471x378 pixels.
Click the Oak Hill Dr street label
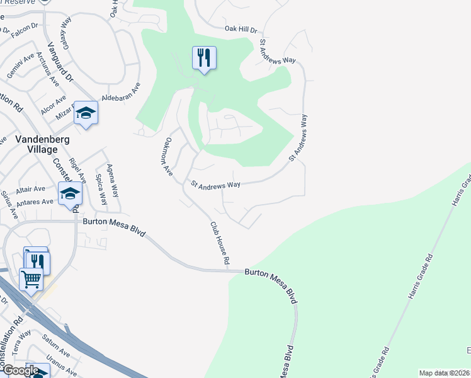click(x=242, y=29)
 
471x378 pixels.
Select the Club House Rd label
click(x=218, y=243)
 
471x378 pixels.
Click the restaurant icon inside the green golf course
click(x=204, y=59)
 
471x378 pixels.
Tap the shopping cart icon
click(x=31, y=278)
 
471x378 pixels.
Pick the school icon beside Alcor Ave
click(x=86, y=113)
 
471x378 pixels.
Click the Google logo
click(x=20, y=370)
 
